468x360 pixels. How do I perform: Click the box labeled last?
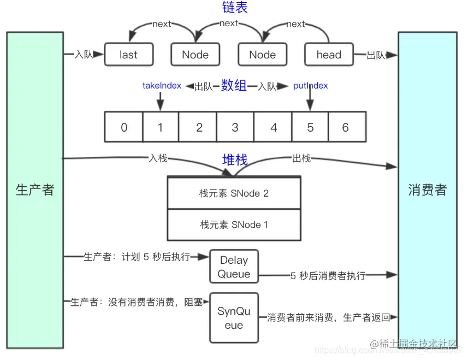click(x=128, y=55)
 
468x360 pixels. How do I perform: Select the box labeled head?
click(x=329, y=55)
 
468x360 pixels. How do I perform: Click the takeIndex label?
click(x=162, y=86)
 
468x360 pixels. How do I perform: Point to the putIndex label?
click(x=310, y=86)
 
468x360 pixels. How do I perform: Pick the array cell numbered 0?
click(x=124, y=127)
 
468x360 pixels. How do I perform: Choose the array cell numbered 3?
click(x=235, y=127)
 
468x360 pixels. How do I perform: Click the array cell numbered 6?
click(x=345, y=127)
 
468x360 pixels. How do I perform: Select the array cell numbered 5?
click(x=310, y=127)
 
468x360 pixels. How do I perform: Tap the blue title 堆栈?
click(x=235, y=160)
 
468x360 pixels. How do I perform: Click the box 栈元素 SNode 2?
click(x=234, y=193)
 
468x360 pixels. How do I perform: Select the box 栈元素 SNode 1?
click(x=234, y=225)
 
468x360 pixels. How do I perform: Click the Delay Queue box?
click(x=234, y=267)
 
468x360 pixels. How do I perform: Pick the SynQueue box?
click(x=234, y=318)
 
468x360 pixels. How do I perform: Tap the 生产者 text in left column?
click(x=35, y=190)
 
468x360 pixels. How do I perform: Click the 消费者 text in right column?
click(x=428, y=190)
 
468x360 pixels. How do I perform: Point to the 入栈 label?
click(x=158, y=158)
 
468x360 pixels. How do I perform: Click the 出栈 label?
click(x=301, y=158)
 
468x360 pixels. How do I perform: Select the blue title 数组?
click(x=234, y=86)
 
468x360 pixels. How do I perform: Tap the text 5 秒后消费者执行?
click(x=328, y=276)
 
